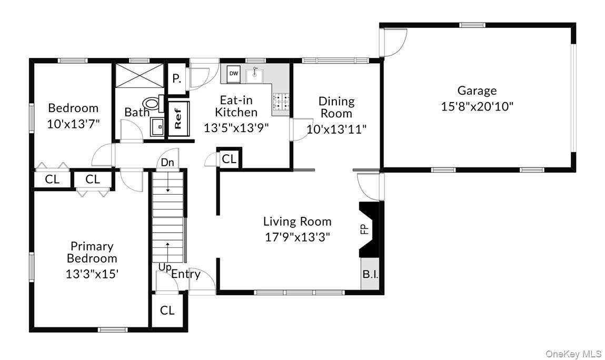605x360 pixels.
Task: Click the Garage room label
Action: [477, 91]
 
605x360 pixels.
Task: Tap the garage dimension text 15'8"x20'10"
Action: [477, 106]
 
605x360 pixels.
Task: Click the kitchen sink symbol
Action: [256, 75]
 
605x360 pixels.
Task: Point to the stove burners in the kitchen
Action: [281, 102]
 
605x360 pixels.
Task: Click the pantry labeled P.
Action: [177, 79]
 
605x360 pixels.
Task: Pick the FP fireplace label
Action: [363, 229]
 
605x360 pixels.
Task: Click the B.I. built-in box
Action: [370, 274]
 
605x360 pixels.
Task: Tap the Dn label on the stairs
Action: [167, 163]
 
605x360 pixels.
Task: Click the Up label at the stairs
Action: [164, 267]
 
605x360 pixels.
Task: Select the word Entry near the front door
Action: [186, 274]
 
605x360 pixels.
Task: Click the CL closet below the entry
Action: [167, 311]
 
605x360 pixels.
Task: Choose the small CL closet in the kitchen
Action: [229, 159]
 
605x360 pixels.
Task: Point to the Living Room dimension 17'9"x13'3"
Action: [297, 237]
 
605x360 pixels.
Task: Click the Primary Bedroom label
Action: [92, 252]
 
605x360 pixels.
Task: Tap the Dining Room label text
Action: [336, 107]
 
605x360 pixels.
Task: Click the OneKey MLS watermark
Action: [573, 353]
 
